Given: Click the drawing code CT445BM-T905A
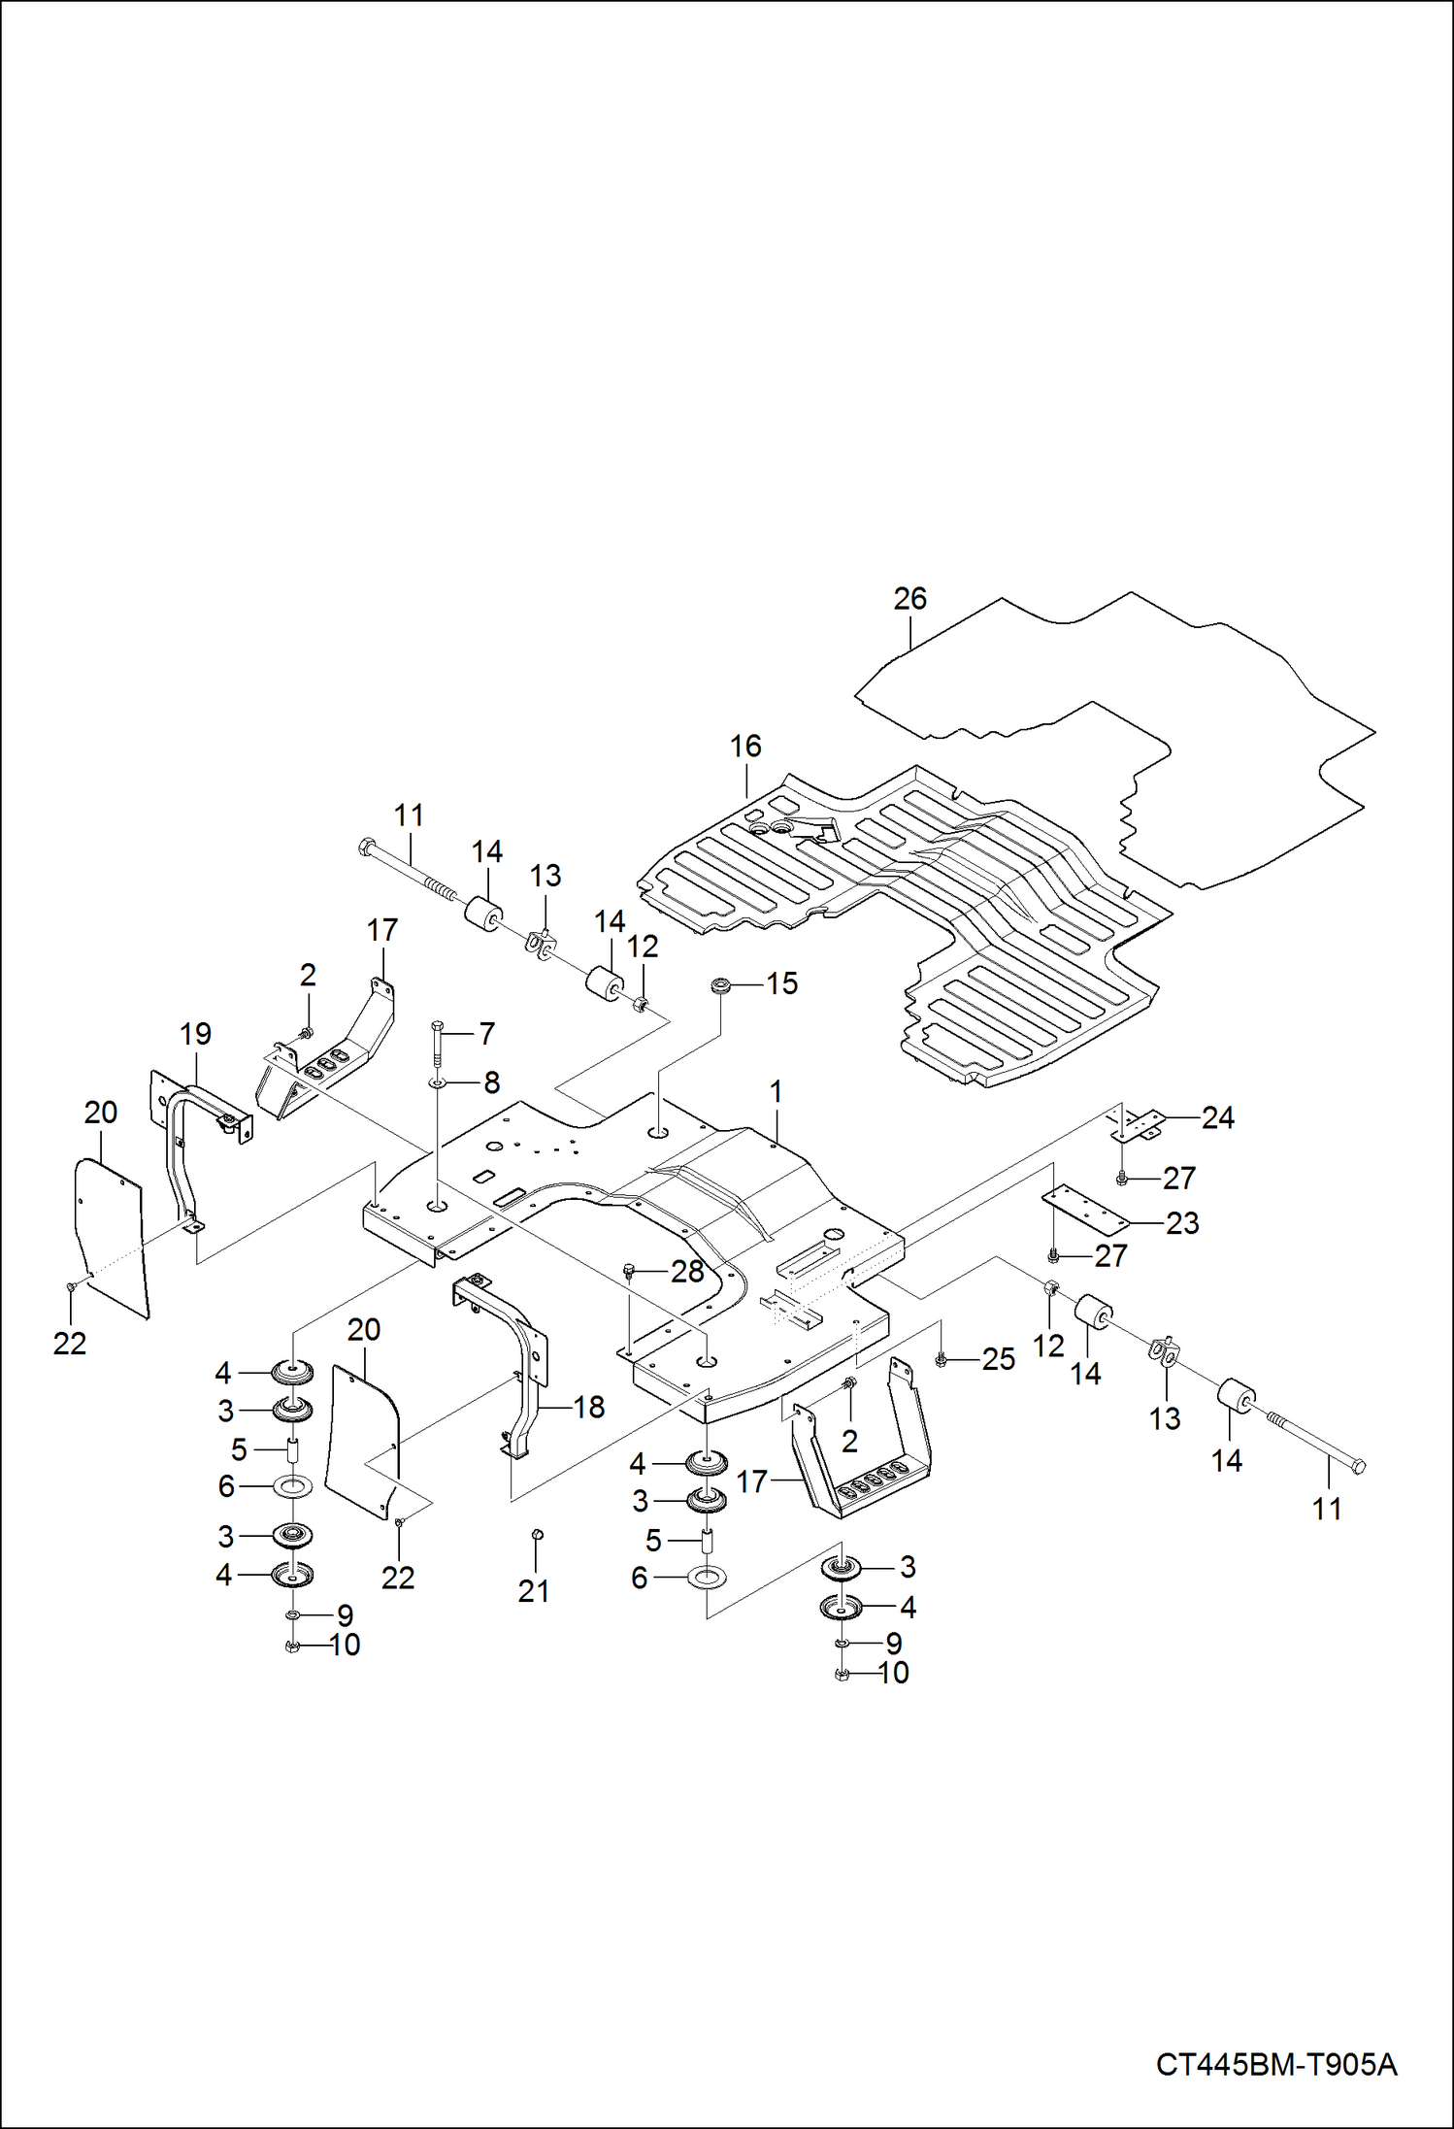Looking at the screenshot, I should coord(1275,2063).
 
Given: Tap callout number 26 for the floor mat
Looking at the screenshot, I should coord(909,599).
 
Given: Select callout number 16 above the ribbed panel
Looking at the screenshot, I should coord(744,747).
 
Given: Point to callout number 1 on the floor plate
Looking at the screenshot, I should coord(776,1091).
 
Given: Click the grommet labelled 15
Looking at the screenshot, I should coord(720,986).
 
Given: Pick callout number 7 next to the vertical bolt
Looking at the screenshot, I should coord(486,1033).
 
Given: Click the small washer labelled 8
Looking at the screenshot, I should coord(438,1081).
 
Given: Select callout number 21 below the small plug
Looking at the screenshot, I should coord(533,1590).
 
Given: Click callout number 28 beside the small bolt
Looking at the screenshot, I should coord(687,1271).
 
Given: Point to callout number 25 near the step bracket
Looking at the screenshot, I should coord(998,1359).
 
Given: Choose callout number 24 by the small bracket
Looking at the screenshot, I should coord(1217,1118).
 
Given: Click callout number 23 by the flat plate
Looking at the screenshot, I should coord(1182,1223).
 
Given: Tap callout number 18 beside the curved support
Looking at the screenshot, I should coord(588,1407).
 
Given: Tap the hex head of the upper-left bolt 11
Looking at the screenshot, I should coord(365,845).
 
